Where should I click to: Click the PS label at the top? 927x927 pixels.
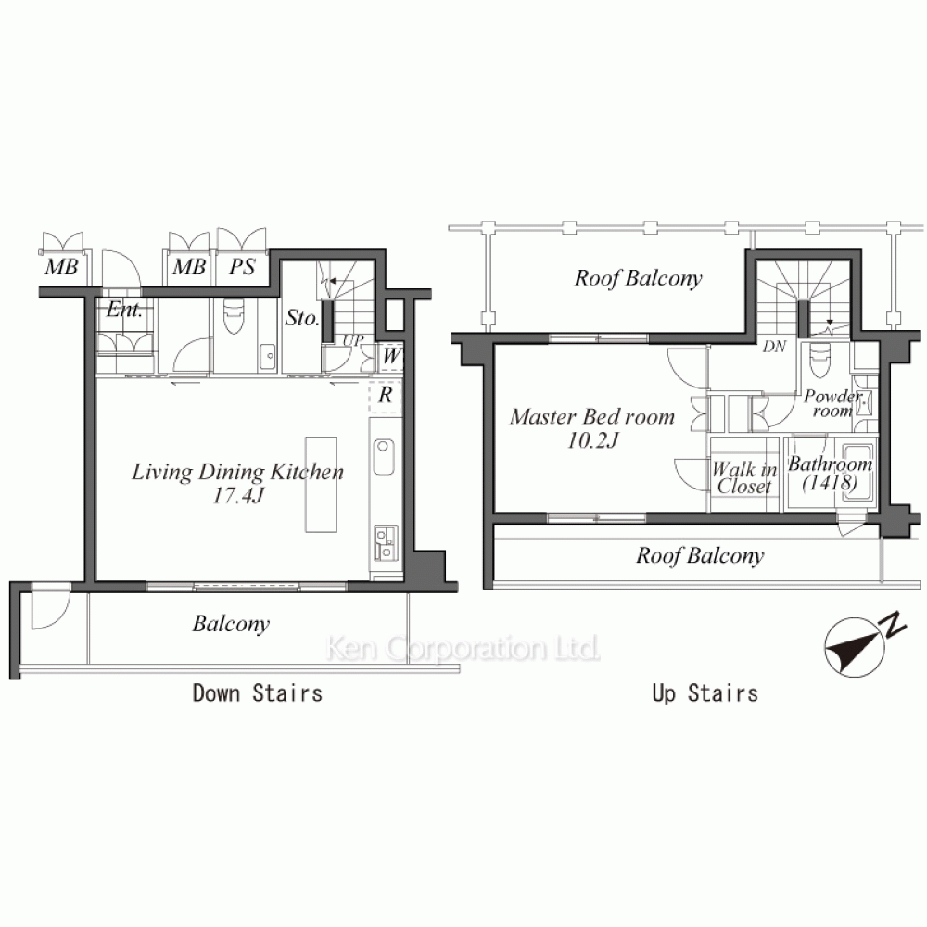tap(242, 267)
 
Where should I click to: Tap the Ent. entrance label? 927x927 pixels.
tap(124, 310)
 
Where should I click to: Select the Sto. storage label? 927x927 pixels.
tap(302, 318)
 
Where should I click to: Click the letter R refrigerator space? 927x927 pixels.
tap(386, 394)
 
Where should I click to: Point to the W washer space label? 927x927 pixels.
tap(391, 356)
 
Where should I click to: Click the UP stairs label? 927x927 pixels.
tap(353, 340)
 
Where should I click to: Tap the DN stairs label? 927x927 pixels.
tap(774, 347)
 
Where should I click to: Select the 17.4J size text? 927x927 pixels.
tap(237, 495)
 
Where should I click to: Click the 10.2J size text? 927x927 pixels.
tap(592, 440)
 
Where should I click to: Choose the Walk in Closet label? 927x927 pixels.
tap(744, 477)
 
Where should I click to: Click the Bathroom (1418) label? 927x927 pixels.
tap(830, 473)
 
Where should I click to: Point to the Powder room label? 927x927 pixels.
tap(832, 402)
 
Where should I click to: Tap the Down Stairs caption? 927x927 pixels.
tap(258, 692)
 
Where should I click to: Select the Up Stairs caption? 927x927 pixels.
tap(705, 692)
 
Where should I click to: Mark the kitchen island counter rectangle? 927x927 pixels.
tap(321, 485)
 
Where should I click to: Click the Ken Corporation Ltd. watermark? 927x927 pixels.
tap(463, 649)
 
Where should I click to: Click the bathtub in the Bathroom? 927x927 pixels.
tap(857, 473)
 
